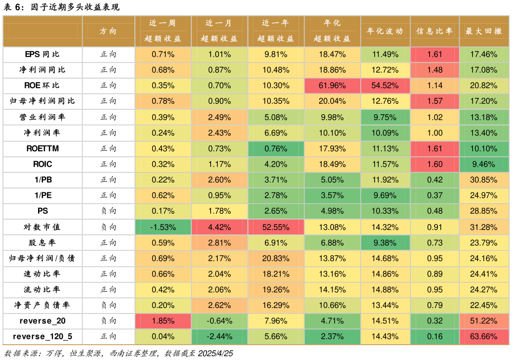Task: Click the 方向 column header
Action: coord(108,31)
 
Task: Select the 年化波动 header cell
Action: coord(385,31)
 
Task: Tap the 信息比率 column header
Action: coord(434,31)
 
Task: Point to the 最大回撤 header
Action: coord(483,31)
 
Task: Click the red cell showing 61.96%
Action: coord(332,86)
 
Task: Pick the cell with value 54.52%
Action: coord(385,86)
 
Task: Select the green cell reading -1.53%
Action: coord(163,227)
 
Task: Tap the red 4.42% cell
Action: coord(219,227)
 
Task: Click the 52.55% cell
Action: coord(276,227)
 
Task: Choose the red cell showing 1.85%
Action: coord(163,321)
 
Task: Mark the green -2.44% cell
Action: coord(219,337)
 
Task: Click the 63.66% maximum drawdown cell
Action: coord(483,337)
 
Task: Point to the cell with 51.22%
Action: coord(483,321)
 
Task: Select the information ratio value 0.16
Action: coord(434,337)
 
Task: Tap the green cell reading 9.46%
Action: coord(483,164)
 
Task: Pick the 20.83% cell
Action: coord(276,259)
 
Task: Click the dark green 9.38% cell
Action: coord(385,243)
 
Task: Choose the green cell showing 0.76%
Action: coord(276,148)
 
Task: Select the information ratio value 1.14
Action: coord(434,86)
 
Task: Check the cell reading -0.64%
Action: coord(219,321)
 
